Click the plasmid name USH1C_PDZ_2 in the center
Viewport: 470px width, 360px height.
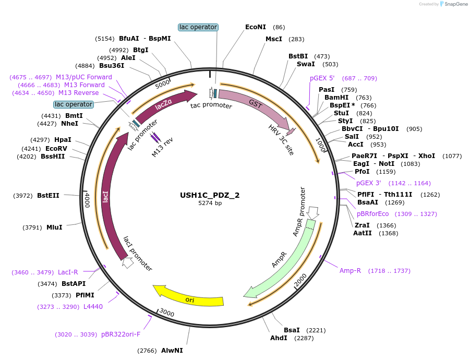(x=210, y=195)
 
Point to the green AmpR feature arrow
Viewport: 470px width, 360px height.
(x=284, y=261)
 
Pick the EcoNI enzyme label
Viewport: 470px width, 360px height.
(x=256, y=27)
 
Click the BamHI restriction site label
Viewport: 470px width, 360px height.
(x=337, y=98)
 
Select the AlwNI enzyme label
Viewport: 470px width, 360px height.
(x=172, y=351)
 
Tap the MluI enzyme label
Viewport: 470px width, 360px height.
(x=54, y=227)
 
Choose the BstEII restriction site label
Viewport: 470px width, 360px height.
(x=48, y=196)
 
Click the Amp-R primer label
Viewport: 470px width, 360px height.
(x=350, y=271)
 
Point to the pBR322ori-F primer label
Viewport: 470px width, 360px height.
(x=120, y=334)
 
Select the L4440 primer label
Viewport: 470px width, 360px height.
(x=93, y=307)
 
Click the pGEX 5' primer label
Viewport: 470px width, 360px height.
(x=322, y=78)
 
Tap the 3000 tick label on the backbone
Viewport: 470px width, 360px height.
(x=167, y=313)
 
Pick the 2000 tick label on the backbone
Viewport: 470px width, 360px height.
(x=300, y=282)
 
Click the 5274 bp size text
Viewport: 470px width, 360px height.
(x=210, y=203)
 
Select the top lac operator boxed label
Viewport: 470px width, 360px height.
(x=198, y=27)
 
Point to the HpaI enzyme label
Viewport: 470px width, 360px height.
(x=63, y=140)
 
